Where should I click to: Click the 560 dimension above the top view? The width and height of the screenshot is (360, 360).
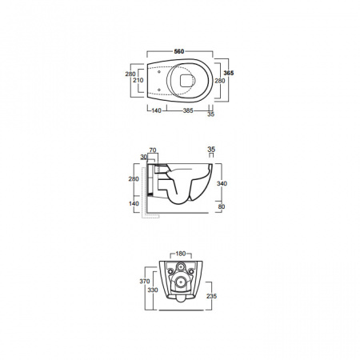click(x=179, y=51)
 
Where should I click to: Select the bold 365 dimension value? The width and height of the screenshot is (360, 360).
click(x=229, y=73)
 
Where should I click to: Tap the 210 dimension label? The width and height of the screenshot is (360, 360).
click(x=138, y=80)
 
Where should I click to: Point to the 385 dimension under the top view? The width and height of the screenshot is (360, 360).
click(x=188, y=110)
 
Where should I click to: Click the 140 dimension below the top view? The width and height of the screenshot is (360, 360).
click(x=156, y=110)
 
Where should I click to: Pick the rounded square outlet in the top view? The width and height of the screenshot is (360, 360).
click(x=186, y=80)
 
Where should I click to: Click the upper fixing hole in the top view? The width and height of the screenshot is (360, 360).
click(x=159, y=72)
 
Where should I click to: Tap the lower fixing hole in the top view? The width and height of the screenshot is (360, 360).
click(x=159, y=90)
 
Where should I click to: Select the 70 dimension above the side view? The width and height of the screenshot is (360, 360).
click(x=153, y=150)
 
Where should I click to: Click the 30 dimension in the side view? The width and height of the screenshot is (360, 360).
click(x=144, y=157)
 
